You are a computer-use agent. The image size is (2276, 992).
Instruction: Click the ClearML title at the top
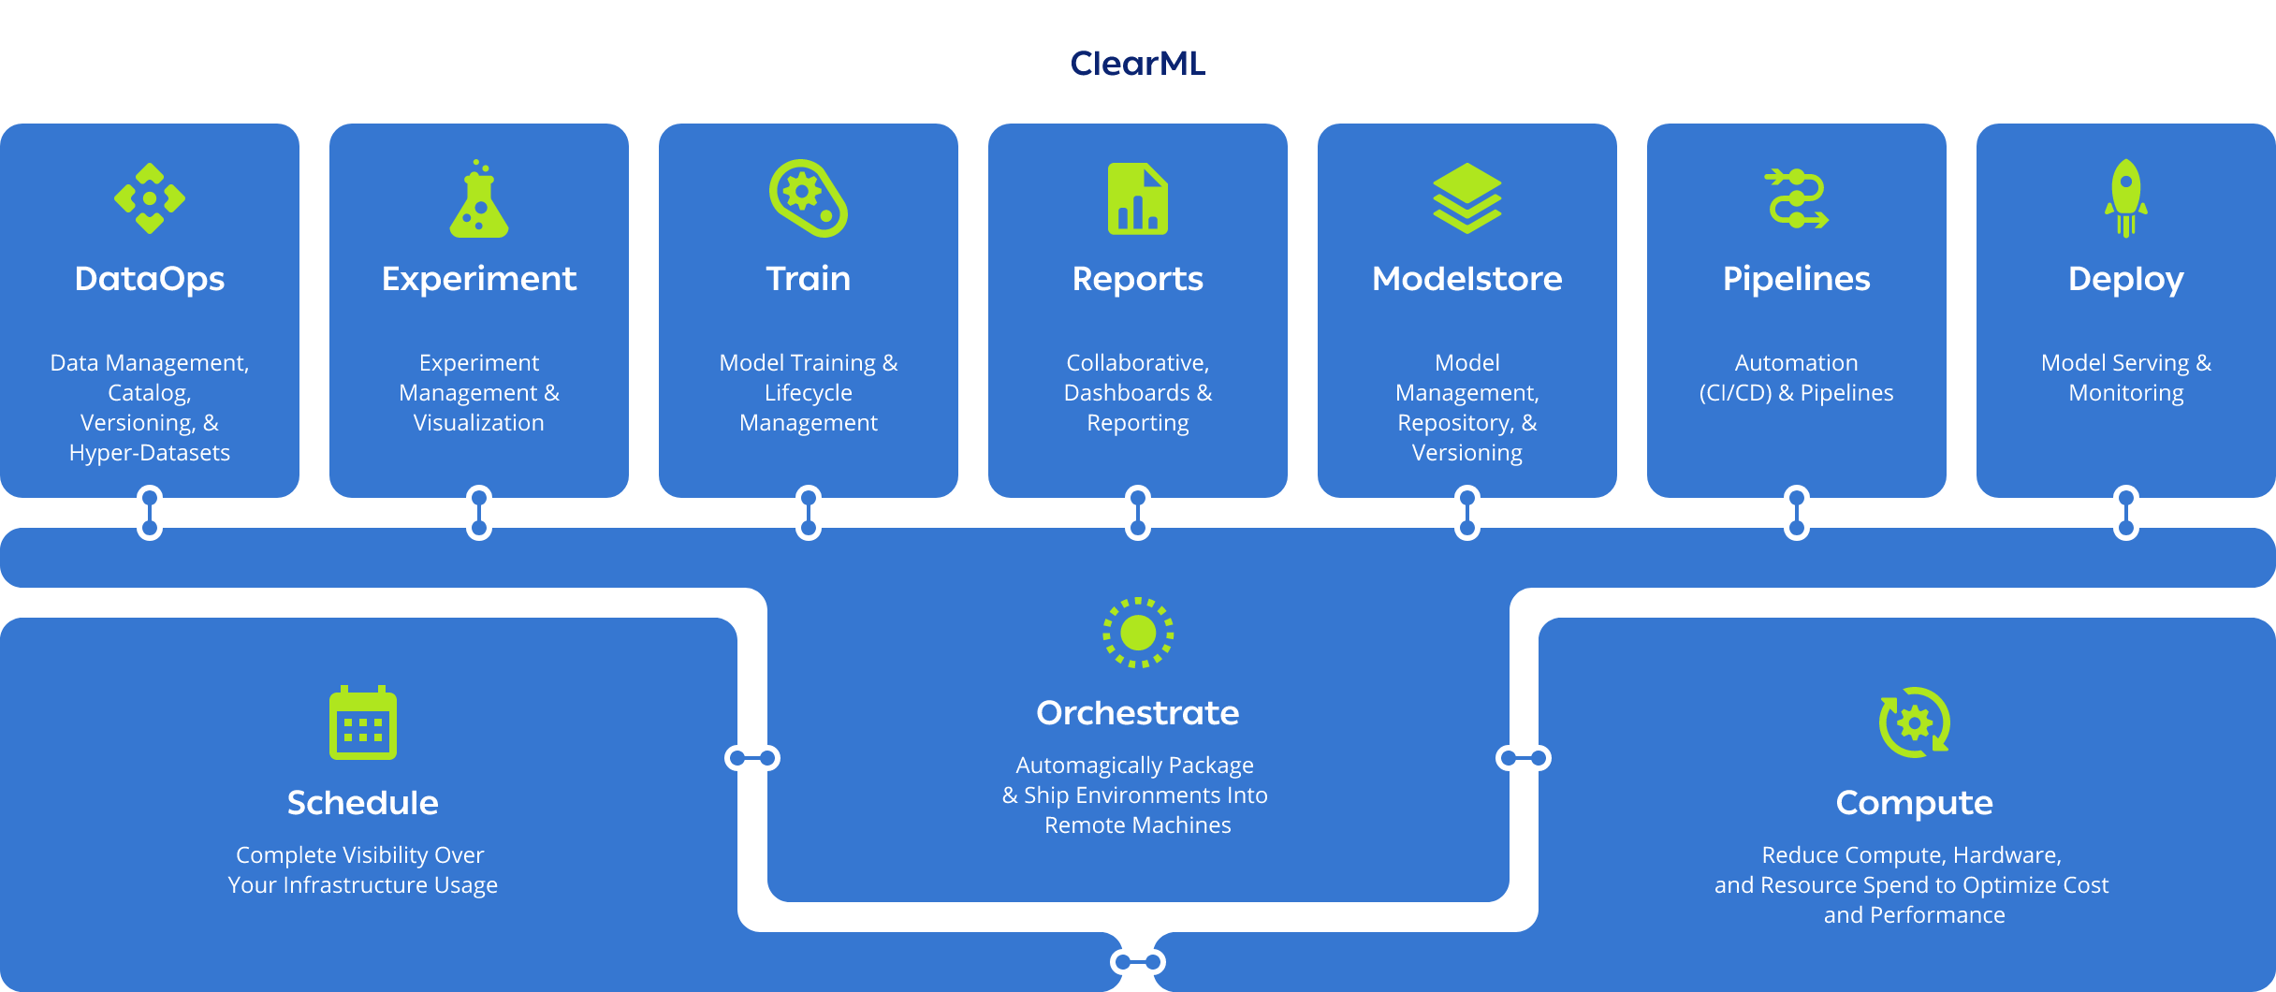point(1137,64)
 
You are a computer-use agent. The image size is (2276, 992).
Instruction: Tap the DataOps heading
point(150,279)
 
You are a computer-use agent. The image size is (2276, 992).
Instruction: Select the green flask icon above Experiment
point(479,199)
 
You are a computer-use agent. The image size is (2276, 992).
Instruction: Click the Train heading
point(809,279)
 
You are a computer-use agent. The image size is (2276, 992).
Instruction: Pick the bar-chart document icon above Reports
point(1138,198)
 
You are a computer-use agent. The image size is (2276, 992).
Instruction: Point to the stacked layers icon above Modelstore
point(1467,198)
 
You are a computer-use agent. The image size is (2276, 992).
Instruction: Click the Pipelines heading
point(1797,279)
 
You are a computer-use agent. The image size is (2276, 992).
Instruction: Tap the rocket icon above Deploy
point(2126,198)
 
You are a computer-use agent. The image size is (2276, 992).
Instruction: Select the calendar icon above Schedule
point(363,722)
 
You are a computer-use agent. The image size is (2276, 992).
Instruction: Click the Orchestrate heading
point(1138,713)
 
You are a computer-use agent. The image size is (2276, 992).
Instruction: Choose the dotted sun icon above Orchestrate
point(1138,633)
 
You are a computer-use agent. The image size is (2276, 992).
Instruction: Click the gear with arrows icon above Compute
point(1915,722)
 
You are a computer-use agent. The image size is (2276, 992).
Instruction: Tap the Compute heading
point(1915,803)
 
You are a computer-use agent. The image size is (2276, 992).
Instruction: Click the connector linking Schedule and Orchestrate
point(752,757)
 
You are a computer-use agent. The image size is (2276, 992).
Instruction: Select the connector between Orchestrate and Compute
point(1524,757)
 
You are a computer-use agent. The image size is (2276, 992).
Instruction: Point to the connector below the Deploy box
point(2126,513)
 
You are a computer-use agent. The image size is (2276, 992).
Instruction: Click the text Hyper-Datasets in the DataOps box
point(150,453)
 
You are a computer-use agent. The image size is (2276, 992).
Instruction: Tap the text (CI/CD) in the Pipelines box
point(1735,393)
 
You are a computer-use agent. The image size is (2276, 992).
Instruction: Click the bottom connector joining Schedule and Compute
point(1138,962)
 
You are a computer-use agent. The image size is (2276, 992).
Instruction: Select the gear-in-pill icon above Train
point(809,198)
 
